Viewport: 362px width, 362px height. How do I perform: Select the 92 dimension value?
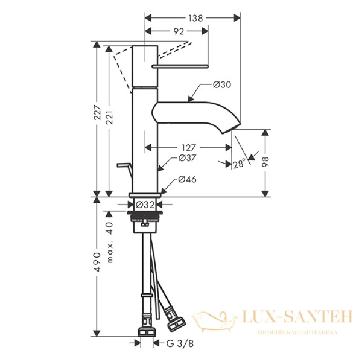177,34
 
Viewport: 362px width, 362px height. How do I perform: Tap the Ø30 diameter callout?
222,85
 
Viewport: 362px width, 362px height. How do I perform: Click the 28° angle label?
240,164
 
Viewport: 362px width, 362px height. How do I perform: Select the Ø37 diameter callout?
185,158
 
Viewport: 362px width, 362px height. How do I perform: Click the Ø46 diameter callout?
185,180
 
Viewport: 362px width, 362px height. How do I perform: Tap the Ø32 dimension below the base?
145,204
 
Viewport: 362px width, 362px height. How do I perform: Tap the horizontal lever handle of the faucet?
181,65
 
